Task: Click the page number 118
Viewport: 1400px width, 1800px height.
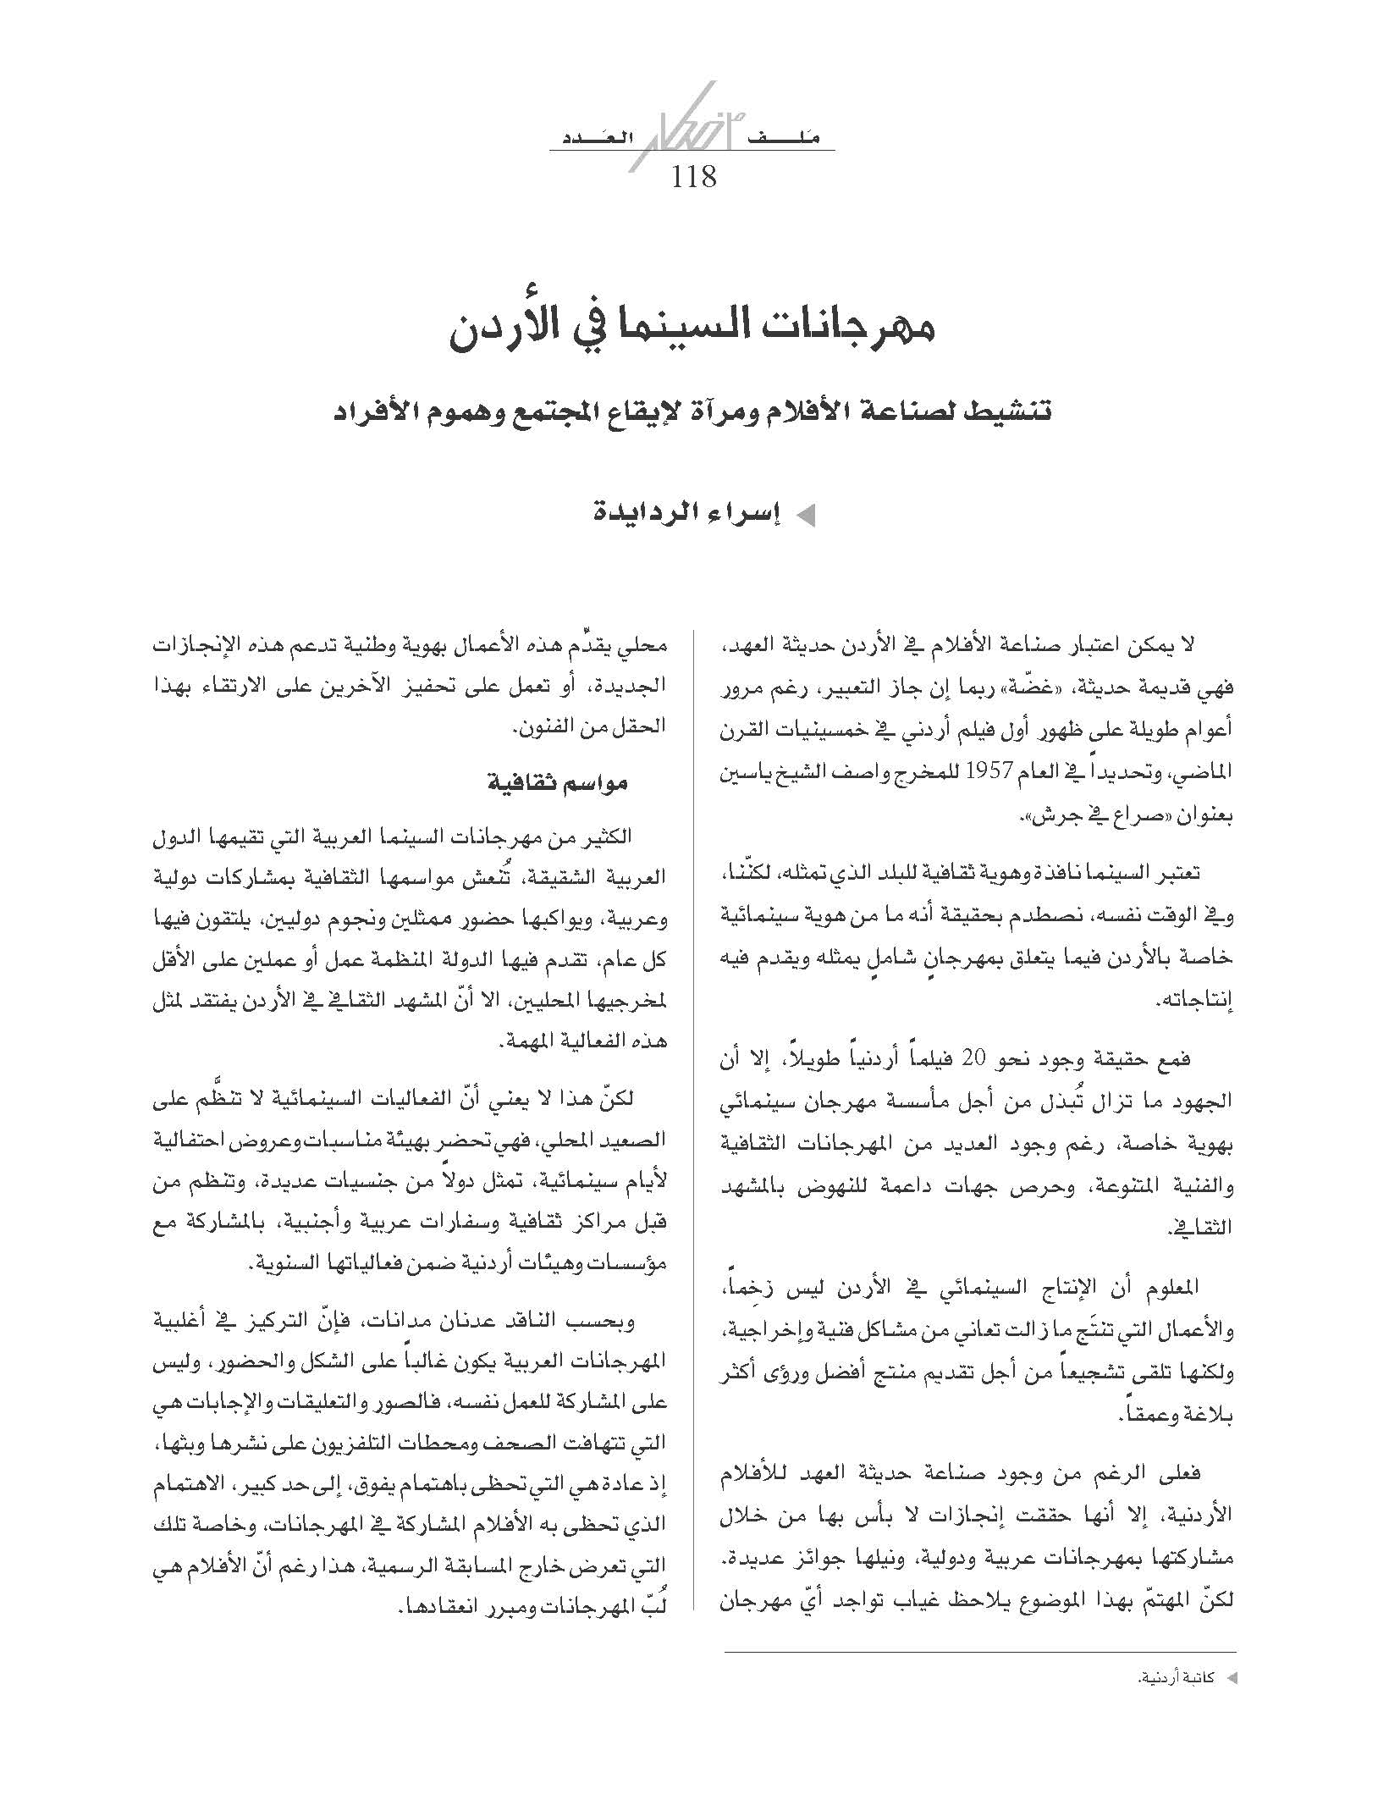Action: (x=693, y=177)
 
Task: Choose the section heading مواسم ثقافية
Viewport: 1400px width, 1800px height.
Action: (x=558, y=782)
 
